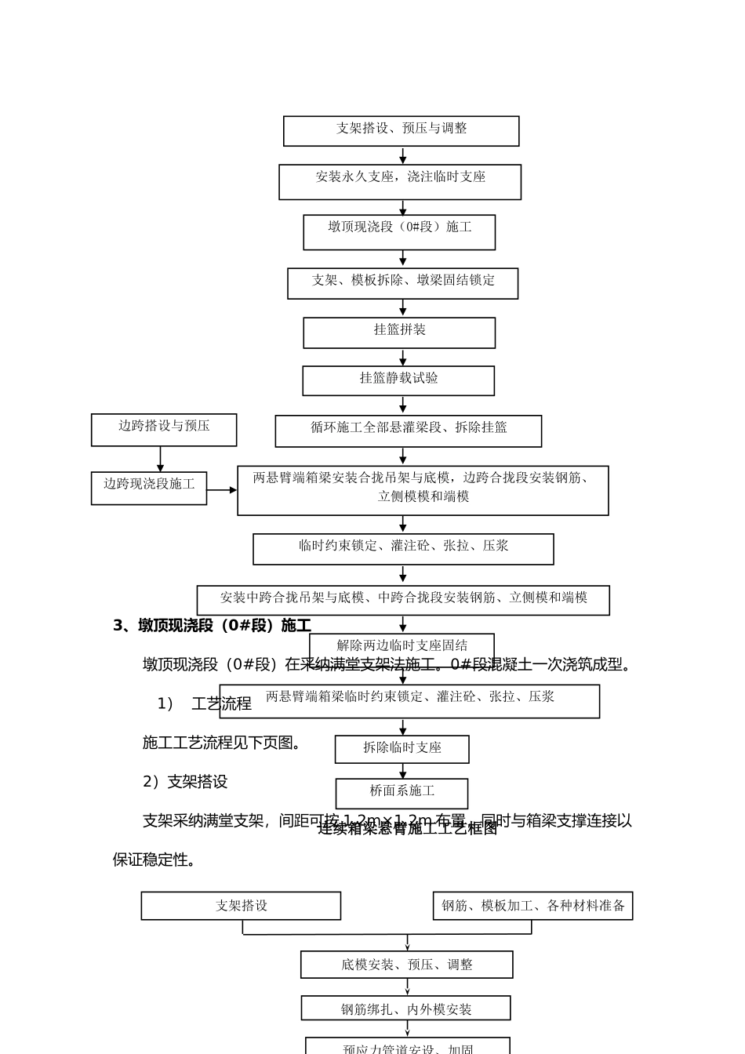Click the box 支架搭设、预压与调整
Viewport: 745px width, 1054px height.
tap(401, 131)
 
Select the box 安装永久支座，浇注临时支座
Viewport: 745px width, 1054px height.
tap(400, 182)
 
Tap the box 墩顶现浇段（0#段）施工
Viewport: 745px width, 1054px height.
tap(399, 232)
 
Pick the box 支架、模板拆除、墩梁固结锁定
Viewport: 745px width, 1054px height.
tap(402, 283)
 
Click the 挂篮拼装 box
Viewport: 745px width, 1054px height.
tap(399, 333)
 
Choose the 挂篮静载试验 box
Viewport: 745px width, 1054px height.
tap(398, 380)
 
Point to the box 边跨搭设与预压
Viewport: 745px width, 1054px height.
tap(164, 430)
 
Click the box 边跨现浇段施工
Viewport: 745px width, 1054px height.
tap(149, 488)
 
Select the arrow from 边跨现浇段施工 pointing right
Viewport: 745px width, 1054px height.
tap(222, 490)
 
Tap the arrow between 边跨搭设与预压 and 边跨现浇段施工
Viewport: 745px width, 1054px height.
tap(161, 459)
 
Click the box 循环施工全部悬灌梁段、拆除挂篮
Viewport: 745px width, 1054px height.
tap(408, 431)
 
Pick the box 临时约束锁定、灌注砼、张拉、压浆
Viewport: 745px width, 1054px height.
tap(403, 549)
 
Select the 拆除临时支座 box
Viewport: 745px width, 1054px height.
tap(402, 749)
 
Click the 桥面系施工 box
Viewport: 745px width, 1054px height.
tap(402, 793)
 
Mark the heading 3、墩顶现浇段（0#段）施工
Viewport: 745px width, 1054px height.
tap(212, 625)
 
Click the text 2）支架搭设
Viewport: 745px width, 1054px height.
tap(185, 781)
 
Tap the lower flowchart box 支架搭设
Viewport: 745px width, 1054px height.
tap(241, 906)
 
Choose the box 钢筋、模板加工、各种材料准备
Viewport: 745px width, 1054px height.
tap(532, 906)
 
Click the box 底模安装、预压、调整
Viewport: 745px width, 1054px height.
tap(406, 965)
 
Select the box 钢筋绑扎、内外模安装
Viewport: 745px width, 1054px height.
tap(405, 1009)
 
